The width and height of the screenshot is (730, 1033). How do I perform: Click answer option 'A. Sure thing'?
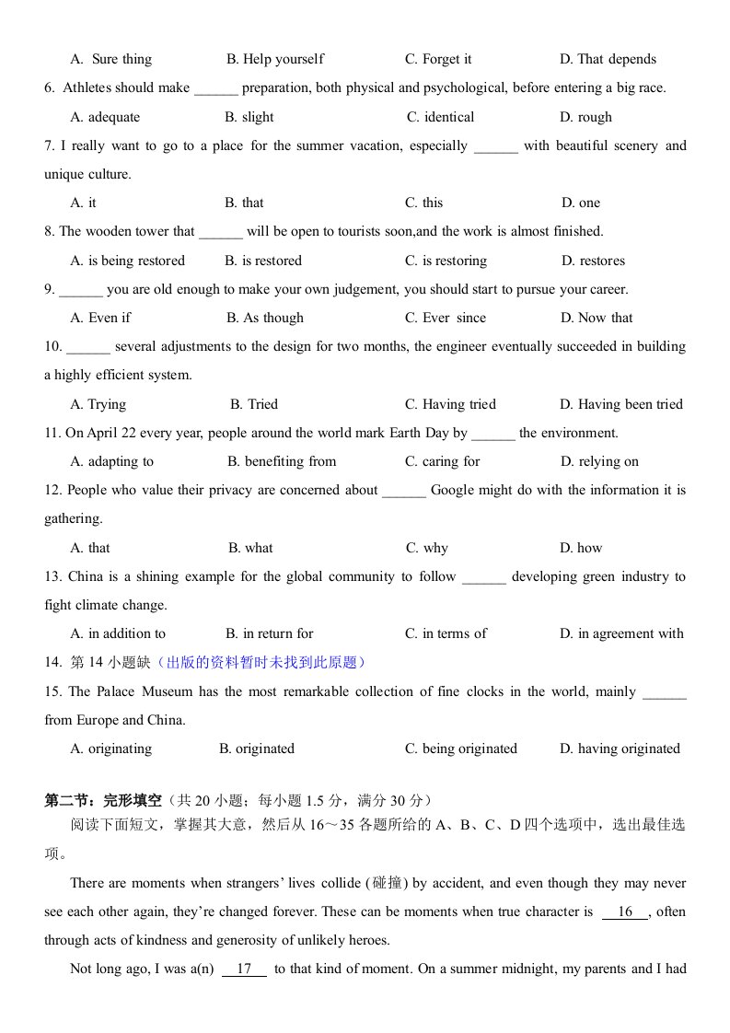(110, 60)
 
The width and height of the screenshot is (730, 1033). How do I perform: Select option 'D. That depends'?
(608, 60)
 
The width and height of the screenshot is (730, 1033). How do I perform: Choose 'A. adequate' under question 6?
(105, 117)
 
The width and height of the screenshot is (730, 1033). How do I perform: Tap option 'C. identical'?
(441, 117)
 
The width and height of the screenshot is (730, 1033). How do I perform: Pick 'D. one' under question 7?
(580, 203)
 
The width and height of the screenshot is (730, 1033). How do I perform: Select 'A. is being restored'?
(127, 261)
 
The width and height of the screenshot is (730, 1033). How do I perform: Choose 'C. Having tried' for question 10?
(450, 404)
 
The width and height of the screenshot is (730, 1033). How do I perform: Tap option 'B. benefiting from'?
(282, 461)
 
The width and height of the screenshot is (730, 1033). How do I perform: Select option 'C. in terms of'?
(446, 633)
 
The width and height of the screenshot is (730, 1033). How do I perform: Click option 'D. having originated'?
(620, 749)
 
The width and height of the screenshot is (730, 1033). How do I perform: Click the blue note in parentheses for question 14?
(262, 662)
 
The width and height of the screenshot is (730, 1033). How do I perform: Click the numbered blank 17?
(244, 969)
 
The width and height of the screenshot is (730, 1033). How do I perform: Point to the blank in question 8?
(220, 232)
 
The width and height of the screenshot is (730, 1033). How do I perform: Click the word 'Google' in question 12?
(451, 490)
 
